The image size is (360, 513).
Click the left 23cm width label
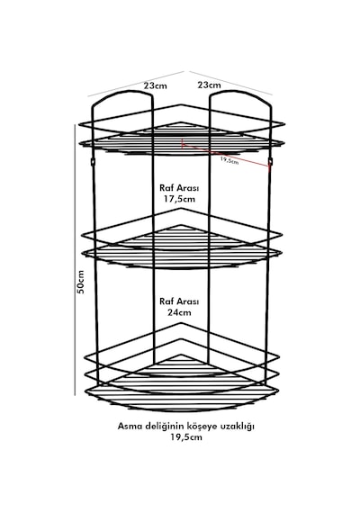(x=155, y=85)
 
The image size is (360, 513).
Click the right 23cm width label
(x=209, y=85)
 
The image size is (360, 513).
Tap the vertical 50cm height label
(x=80, y=282)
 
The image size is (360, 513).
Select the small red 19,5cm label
(x=229, y=160)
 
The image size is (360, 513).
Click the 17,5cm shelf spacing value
(x=179, y=199)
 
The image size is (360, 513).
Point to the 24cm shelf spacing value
(x=179, y=312)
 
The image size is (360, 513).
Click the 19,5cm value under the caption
(x=186, y=437)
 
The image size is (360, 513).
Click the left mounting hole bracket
(x=93, y=162)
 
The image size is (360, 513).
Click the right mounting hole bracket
(x=270, y=161)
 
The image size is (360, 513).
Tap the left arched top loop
(x=121, y=92)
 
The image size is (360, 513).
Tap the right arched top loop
(x=240, y=92)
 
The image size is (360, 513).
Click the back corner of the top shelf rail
(x=182, y=105)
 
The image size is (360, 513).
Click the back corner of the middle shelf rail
(x=182, y=209)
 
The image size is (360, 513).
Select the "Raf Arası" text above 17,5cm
(x=179, y=188)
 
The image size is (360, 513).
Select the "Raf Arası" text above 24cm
(x=179, y=301)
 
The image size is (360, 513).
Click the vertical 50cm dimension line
(x=75, y=260)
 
